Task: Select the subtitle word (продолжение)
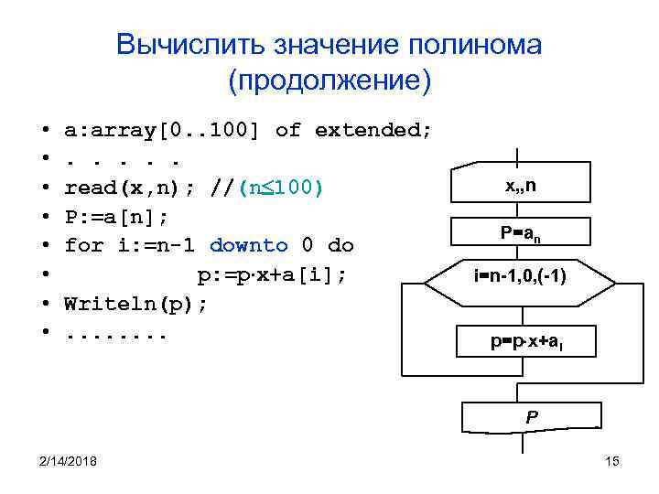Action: click(329, 81)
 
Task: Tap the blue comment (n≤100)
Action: click(280, 188)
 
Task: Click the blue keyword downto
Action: click(249, 246)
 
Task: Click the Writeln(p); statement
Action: click(135, 304)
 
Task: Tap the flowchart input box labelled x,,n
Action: click(520, 186)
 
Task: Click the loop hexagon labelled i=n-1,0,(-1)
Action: click(519, 274)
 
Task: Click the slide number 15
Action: click(612, 461)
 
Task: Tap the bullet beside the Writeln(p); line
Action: click(44, 304)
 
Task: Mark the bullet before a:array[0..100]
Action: click(44, 130)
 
